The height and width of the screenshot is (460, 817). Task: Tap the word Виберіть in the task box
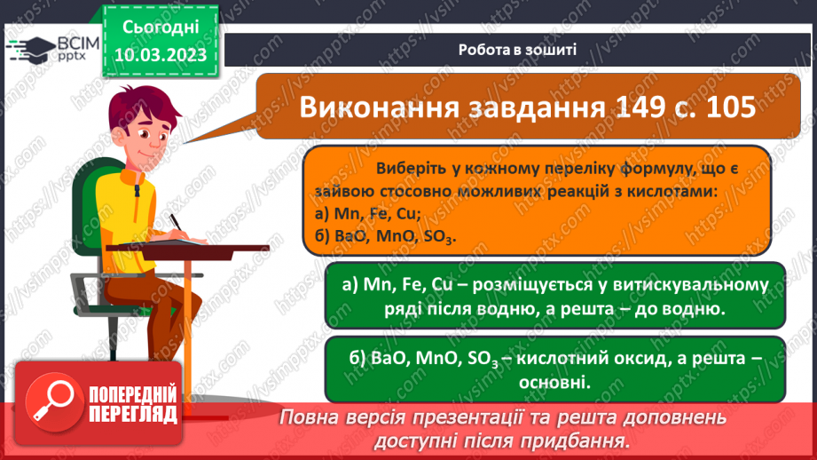[412, 169]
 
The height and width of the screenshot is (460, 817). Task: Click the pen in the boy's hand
[177, 222]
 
